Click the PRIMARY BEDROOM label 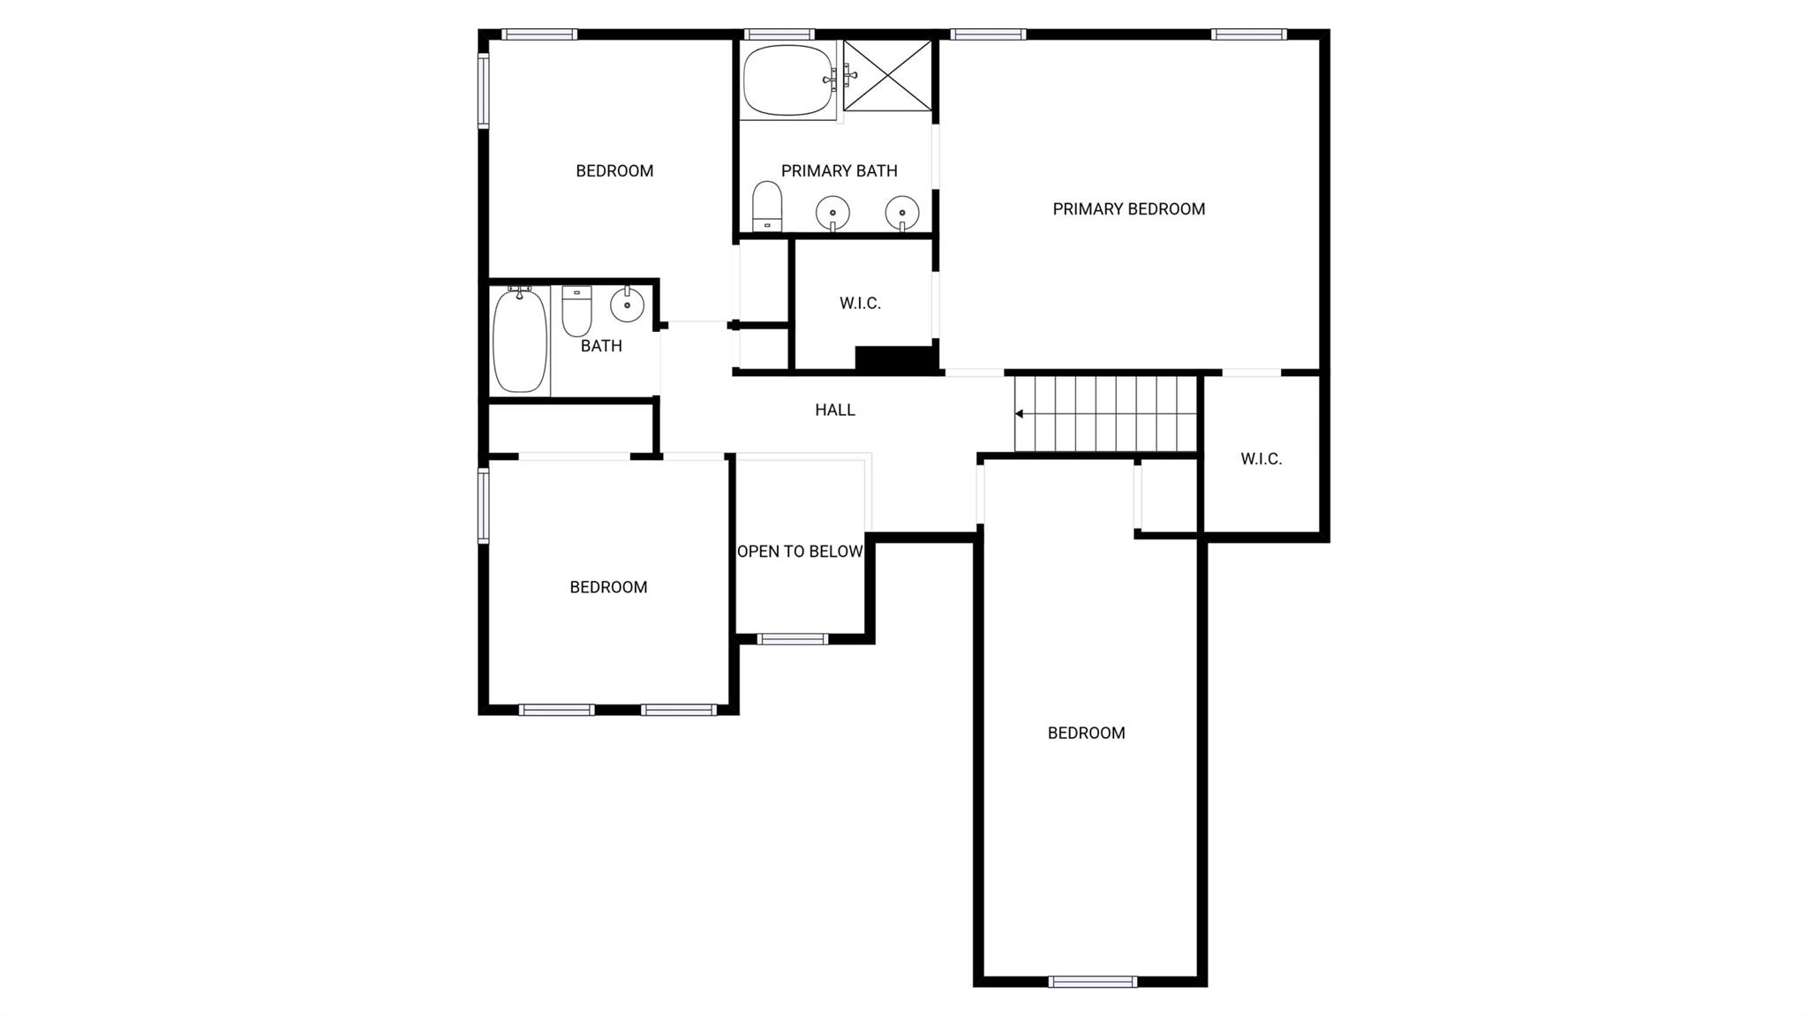tap(1128, 209)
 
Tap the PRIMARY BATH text tap(839, 171)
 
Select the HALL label tap(835, 410)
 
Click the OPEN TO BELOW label tap(800, 552)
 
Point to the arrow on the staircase tap(1019, 413)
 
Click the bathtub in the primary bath tap(788, 81)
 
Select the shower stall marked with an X tap(887, 76)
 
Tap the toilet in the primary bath tap(767, 207)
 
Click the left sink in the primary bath tap(832, 212)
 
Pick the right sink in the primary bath tap(902, 212)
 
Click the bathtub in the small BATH tap(520, 341)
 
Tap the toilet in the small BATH tap(577, 311)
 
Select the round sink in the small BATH tap(627, 305)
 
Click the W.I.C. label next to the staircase tap(1261, 459)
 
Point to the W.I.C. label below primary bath tap(860, 304)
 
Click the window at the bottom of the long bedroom tap(1093, 982)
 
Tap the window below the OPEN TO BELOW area tap(793, 639)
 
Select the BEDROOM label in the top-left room tap(614, 171)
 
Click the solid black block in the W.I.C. tap(895, 358)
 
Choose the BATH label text tap(601, 346)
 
